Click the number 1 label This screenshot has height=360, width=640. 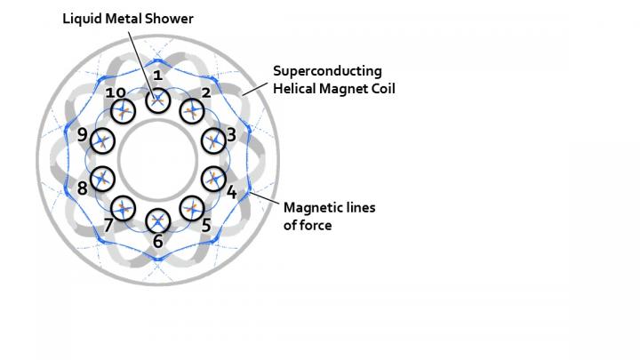tap(157, 76)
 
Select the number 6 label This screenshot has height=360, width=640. tap(157, 241)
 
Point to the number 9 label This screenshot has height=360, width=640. tap(82, 136)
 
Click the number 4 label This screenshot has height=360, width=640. tap(231, 191)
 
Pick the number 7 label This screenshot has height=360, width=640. tap(108, 225)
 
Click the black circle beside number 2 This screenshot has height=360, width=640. tap(191, 111)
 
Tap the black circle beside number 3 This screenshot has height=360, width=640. tap(213, 140)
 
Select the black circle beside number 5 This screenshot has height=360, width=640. tap(192, 208)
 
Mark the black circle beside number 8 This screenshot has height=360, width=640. tap(102, 177)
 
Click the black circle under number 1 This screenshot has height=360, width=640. tap(157, 100)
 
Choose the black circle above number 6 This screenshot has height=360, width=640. tap(157, 220)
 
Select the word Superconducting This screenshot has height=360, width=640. tap(326, 70)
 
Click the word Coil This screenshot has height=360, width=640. tap(378, 88)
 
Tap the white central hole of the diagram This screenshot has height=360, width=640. tap(157, 160)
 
